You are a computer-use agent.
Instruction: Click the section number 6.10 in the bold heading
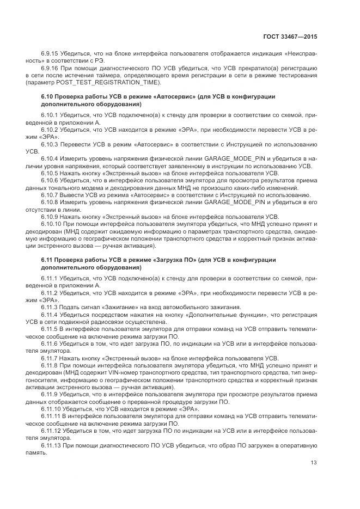[x=47, y=96]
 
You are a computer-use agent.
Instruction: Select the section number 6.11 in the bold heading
[x=47, y=260]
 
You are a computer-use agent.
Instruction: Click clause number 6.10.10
[x=51, y=223]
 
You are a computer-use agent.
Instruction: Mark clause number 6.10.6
[x=50, y=180]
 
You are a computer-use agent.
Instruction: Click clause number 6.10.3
[x=50, y=144]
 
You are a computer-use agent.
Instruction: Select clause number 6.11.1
[x=50, y=278]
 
